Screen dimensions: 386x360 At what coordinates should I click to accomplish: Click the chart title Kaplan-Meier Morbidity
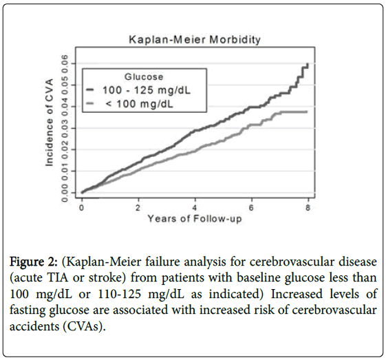pyautogui.click(x=195, y=40)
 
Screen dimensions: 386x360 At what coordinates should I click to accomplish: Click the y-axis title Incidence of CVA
pyautogui.click(x=50, y=123)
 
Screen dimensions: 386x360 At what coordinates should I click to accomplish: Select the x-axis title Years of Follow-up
pyautogui.click(x=195, y=219)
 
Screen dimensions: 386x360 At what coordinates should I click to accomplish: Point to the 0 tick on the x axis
pyautogui.click(x=82, y=208)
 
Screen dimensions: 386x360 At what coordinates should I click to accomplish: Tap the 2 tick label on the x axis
pyautogui.click(x=138, y=208)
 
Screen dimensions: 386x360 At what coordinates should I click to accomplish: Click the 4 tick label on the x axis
pyautogui.click(x=195, y=208)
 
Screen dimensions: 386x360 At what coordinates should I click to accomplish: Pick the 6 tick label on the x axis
pyautogui.click(x=251, y=208)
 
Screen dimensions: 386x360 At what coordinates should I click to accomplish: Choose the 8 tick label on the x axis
pyautogui.click(x=308, y=208)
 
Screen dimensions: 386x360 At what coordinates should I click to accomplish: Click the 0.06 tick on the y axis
pyautogui.click(x=65, y=63)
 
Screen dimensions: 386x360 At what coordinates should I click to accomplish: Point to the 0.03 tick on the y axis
pyautogui.click(x=65, y=128)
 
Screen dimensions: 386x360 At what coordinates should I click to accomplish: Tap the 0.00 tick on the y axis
pyautogui.click(x=65, y=193)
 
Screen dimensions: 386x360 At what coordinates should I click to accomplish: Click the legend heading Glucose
pyautogui.click(x=144, y=77)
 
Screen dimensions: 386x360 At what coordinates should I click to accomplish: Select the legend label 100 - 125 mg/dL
pyautogui.click(x=147, y=90)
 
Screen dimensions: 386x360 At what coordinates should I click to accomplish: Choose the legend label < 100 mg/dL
pyautogui.click(x=140, y=104)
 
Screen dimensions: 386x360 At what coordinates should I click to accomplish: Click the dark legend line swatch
pyautogui.click(x=90, y=90)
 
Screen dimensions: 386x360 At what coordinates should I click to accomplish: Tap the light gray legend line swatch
pyautogui.click(x=90, y=104)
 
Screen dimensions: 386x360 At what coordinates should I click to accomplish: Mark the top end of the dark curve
pyautogui.click(x=308, y=64)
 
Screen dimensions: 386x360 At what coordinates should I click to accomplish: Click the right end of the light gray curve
pyautogui.click(x=307, y=112)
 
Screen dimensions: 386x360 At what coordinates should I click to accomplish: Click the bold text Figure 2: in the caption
pyautogui.click(x=34, y=262)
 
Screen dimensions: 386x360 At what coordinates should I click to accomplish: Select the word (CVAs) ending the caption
pyautogui.click(x=84, y=326)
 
